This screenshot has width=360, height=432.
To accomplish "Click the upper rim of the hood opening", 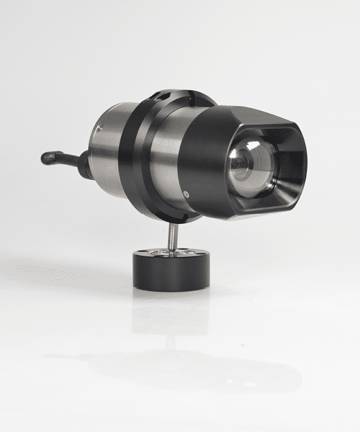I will (x=263, y=130).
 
